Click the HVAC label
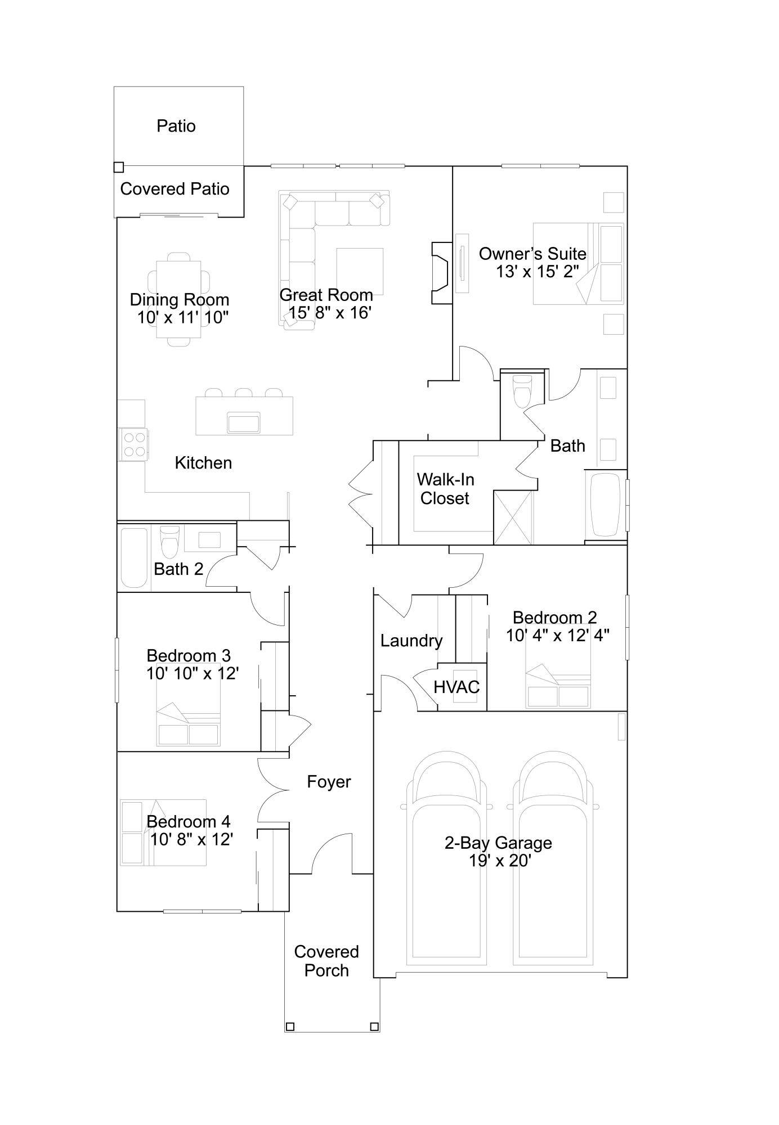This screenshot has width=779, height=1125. (456, 687)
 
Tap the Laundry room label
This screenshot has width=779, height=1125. (411, 641)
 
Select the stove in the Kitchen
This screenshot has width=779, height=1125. (133, 444)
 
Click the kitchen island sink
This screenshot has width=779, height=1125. (244, 422)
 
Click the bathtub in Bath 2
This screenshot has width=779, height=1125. (134, 557)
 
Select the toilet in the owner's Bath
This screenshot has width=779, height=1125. (522, 390)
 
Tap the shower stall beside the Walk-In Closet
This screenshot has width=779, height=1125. (513, 517)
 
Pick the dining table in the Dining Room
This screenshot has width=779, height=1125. (178, 299)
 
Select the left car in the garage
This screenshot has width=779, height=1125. (447, 858)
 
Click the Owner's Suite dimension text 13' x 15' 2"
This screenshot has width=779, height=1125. (537, 272)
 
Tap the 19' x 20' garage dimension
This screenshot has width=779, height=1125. (500, 861)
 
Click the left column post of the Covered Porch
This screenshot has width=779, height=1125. (290, 1027)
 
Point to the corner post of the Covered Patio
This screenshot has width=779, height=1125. (119, 168)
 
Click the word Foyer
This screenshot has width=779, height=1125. (329, 782)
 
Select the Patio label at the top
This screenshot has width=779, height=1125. (176, 126)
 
